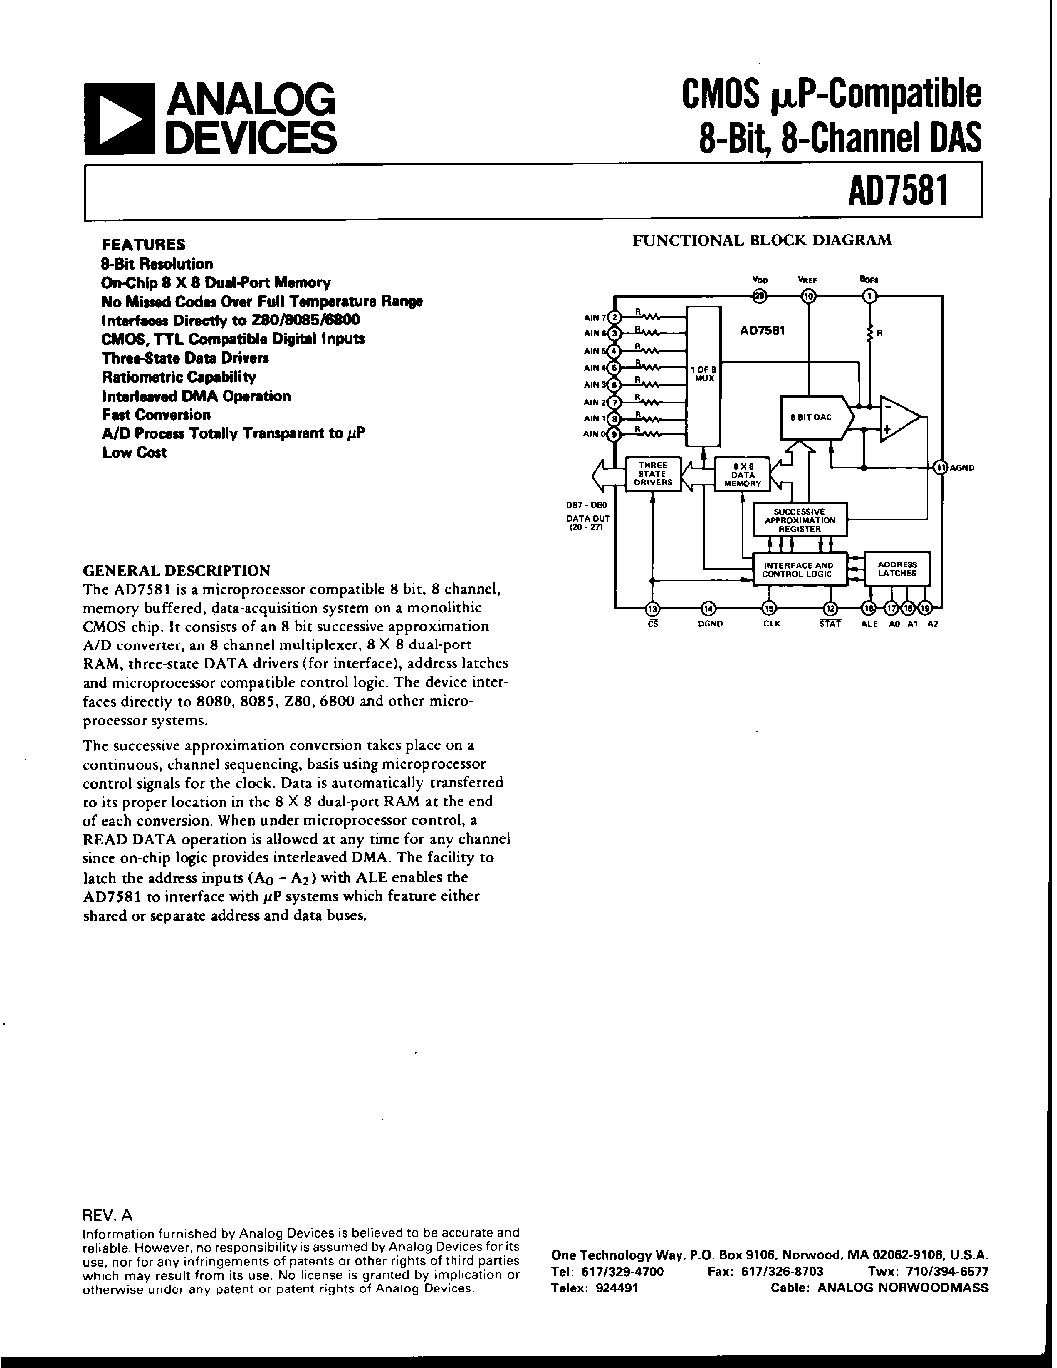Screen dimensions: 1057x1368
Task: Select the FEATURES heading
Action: click(x=144, y=244)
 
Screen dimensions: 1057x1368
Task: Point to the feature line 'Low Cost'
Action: click(x=135, y=452)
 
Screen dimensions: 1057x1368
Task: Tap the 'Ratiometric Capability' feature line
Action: click(x=179, y=377)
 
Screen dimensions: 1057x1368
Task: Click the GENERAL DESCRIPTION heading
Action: click(x=177, y=570)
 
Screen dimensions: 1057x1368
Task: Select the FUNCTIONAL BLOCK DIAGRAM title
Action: click(x=761, y=240)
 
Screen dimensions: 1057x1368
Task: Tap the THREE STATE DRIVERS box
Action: click(x=653, y=474)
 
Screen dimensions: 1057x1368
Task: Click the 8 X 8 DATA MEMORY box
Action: click(x=743, y=475)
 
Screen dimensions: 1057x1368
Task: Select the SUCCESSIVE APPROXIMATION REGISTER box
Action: click(x=800, y=520)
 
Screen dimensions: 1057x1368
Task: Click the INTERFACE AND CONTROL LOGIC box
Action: click(x=799, y=569)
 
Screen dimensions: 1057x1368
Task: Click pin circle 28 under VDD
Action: click(x=760, y=297)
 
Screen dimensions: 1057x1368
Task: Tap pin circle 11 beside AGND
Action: click(x=939, y=467)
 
